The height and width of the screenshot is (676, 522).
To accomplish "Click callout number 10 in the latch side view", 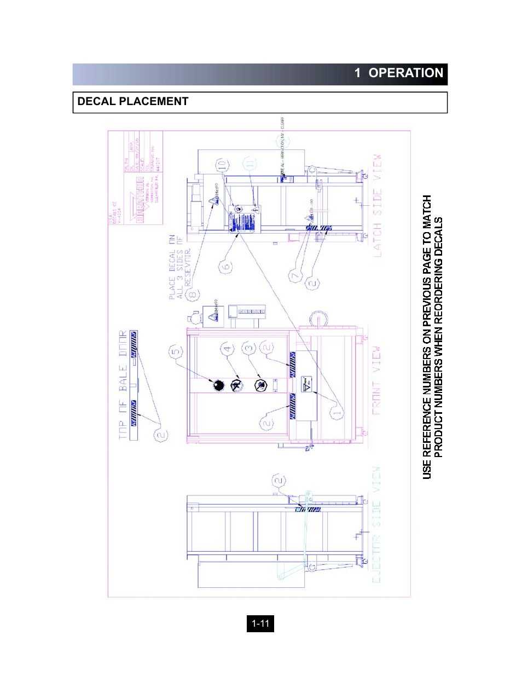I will pos(221,165).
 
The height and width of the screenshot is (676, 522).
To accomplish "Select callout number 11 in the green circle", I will pos(250,164).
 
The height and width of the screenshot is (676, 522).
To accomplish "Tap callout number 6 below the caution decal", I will pos(225,267).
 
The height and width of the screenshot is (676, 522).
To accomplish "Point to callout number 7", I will pos(295,275).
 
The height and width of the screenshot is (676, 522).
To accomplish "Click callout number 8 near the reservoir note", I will pos(192,295).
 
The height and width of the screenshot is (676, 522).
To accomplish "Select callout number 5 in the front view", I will pos(175,351).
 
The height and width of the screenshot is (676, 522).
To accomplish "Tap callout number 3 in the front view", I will pos(249,348).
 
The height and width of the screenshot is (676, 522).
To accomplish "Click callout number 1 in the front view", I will pos(337,413).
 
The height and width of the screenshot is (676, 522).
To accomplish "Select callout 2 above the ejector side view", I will pos(279,481).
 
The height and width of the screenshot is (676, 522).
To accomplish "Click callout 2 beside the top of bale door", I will pos(161,435).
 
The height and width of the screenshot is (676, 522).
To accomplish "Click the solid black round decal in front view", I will pos(219,385).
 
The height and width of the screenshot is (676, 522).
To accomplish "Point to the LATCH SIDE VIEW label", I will pos(377,206).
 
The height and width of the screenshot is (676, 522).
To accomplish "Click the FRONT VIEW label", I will pos(376,380).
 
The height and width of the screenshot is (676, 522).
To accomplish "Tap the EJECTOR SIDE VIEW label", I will pos(376,524).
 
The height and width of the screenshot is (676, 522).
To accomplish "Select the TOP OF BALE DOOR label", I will pos(123,385).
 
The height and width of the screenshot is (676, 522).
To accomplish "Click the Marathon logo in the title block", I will pos(140,200).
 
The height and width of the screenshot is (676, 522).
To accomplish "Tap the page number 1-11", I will pos(260,623).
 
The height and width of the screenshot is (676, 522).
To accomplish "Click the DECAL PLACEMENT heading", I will pos(133,101).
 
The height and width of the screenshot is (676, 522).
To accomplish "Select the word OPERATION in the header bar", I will pos(405,73).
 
